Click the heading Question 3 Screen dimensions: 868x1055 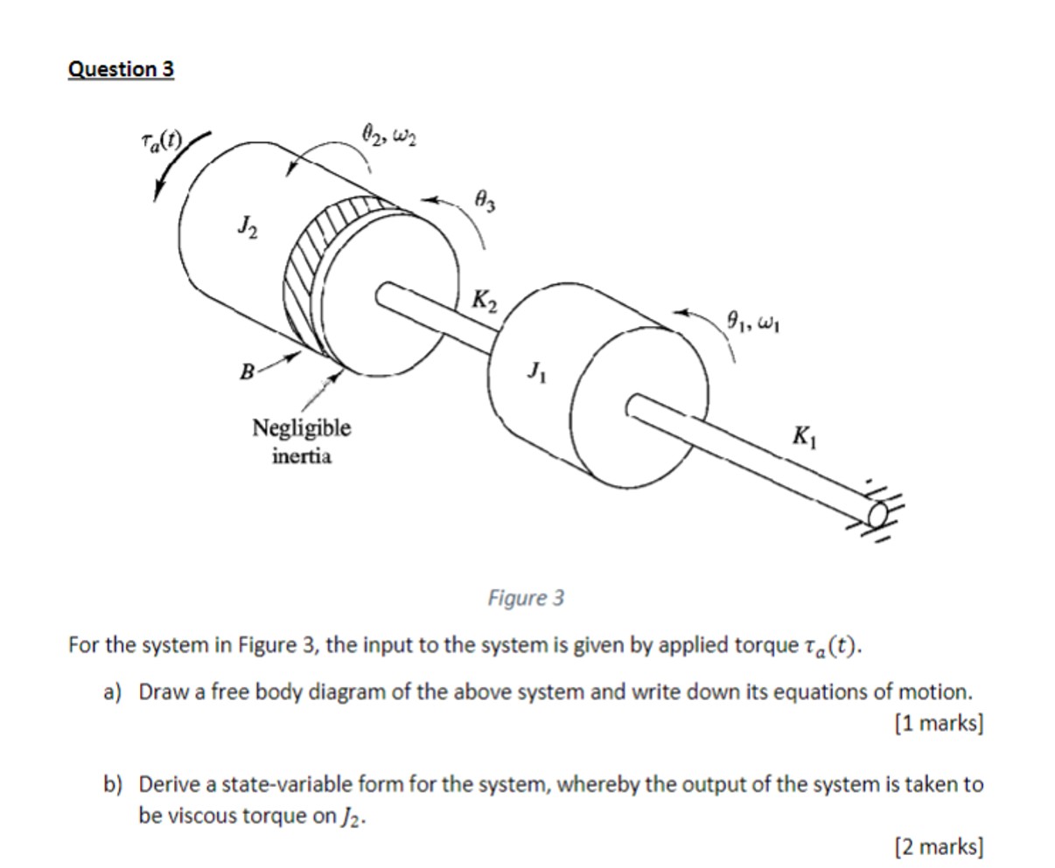tap(121, 69)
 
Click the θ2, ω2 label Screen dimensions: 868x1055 tap(388, 135)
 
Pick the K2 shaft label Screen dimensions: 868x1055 tap(485, 301)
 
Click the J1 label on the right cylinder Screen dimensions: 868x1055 tap(536, 372)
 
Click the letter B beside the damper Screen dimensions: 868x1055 tap(248, 372)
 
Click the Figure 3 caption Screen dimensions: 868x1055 tap(526, 599)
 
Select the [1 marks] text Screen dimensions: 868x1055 tap(939, 724)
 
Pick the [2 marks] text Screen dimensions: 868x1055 tap(939, 846)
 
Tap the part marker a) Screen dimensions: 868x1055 tap(113, 692)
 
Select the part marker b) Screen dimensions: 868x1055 tap(114, 784)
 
